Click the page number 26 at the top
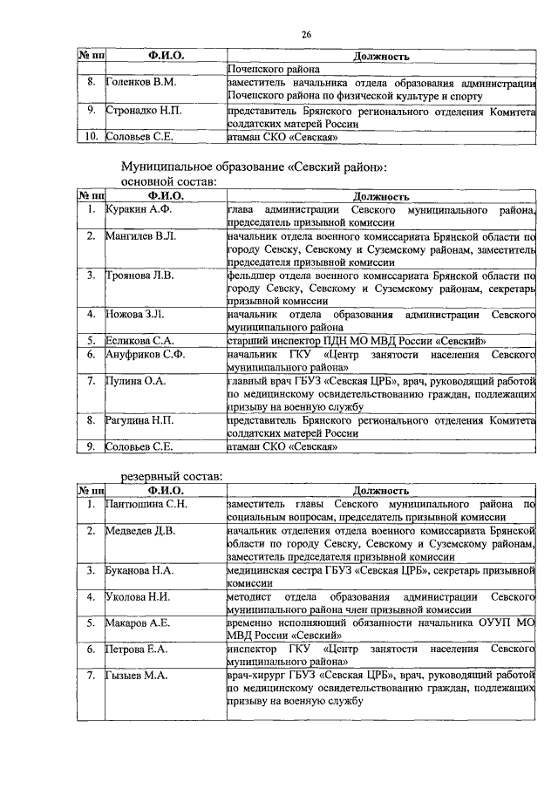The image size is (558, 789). pos(306,34)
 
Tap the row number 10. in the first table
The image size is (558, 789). pos(90,136)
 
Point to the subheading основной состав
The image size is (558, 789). pos(166,182)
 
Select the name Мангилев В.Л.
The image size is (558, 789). pos(142,235)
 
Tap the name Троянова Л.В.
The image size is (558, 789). pos(140,275)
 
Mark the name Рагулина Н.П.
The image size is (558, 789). pos(140,420)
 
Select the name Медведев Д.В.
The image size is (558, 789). pos(140,529)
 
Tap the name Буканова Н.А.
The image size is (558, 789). pos(140,569)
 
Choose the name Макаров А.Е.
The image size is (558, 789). pos(139,623)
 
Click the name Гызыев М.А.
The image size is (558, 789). pos(137,675)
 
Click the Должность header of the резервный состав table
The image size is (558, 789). pos(380,491)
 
